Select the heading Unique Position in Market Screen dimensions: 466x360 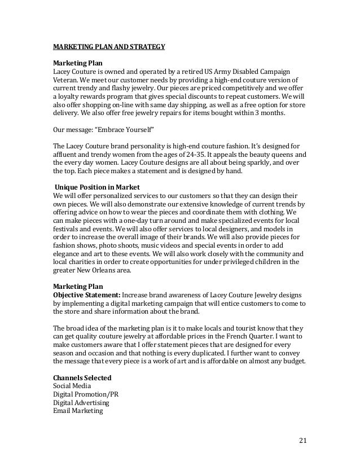click(91, 187)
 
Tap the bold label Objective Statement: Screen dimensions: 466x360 click(87, 294)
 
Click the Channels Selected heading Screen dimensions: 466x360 click(82, 377)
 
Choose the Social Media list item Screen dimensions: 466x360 click(72, 385)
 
